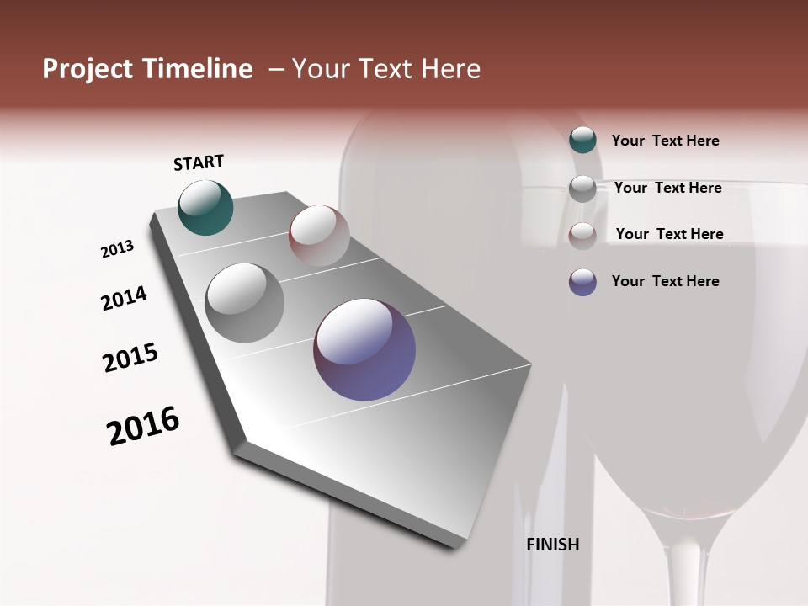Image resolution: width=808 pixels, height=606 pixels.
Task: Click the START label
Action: click(199, 162)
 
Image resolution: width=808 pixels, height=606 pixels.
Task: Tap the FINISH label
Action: click(553, 545)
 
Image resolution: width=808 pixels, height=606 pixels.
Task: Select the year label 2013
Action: click(117, 249)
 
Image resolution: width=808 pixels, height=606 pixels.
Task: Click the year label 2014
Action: click(124, 298)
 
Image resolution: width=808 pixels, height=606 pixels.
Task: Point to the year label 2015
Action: click(130, 358)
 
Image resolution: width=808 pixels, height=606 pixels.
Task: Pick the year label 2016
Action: click(143, 425)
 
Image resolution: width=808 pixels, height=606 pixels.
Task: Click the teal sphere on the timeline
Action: click(205, 207)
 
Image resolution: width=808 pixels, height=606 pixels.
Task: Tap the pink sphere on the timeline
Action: click(319, 235)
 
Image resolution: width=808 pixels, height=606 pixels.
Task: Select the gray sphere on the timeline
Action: click(245, 302)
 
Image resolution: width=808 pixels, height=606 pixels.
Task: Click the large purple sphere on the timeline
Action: click(364, 349)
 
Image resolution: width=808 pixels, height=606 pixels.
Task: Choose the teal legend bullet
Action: click(582, 140)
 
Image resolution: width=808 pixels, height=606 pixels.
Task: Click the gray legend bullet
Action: click(582, 189)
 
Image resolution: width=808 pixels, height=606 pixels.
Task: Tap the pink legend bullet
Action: click(582, 236)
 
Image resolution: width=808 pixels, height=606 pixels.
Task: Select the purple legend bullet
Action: click(582, 282)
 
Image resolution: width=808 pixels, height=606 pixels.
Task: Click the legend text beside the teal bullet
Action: click(665, 141)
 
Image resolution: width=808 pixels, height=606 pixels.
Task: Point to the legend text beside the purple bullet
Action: click(665, 281)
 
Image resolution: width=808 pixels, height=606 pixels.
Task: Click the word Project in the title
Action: click(88, 69)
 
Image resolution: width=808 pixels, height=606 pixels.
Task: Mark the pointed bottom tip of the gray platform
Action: click(458, 547)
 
